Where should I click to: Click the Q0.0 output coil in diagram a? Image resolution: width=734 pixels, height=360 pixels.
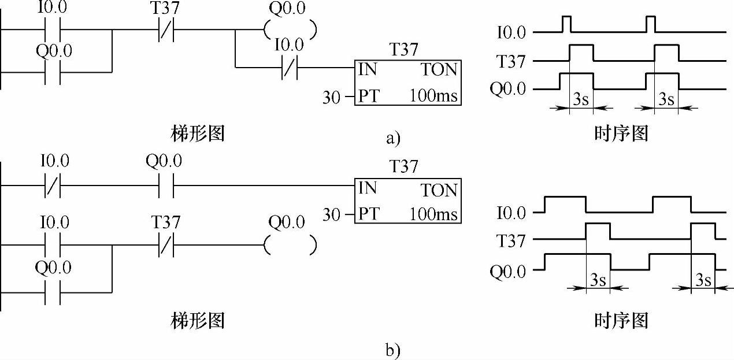tap(290, 29)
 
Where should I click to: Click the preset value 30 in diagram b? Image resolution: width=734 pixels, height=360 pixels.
tap(332, 215)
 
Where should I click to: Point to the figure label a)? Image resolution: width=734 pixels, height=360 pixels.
tap(392, 138)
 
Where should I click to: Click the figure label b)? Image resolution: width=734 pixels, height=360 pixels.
tap(392, 350)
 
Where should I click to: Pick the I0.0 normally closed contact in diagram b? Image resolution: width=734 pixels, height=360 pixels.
tap(53, 186)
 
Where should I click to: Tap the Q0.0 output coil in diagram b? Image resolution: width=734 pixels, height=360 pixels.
tap(290, 246)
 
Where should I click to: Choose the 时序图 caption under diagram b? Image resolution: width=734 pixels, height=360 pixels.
tap(621, 321)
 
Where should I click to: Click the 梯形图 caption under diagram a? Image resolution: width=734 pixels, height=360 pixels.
tap(198, 134)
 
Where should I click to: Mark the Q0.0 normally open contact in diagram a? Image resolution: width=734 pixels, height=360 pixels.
tap(53, 72)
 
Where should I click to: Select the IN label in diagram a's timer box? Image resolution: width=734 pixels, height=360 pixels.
tap(368, 70)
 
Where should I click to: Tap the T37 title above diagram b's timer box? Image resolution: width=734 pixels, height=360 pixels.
tap(403, 167)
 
